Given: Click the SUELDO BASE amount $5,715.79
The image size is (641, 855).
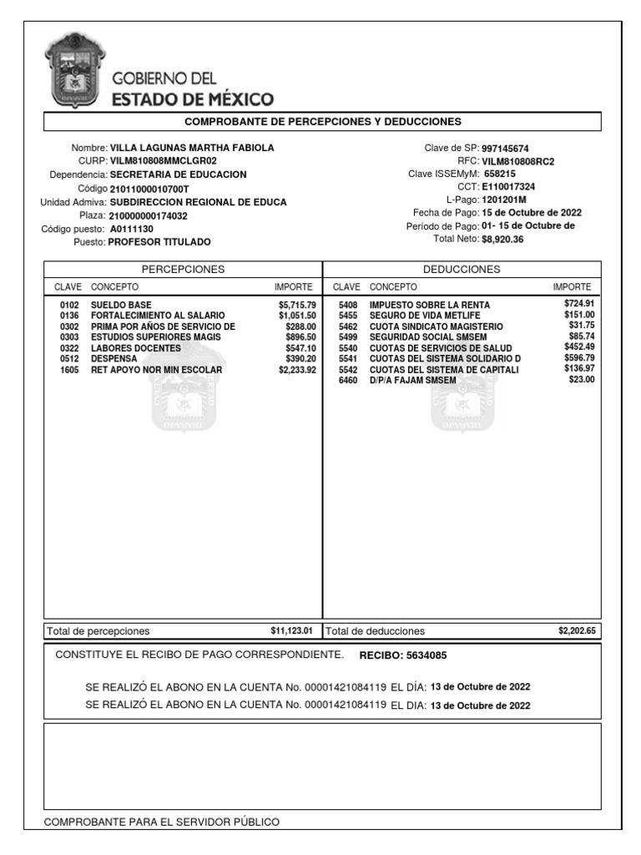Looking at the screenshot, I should coord(297,305).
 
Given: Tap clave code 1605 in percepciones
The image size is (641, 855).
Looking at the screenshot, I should coord(69,369).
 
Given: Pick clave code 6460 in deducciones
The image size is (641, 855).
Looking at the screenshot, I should coord(348,380).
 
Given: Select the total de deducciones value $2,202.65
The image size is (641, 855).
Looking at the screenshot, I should coord(577,630).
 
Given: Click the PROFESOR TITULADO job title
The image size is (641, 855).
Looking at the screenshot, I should coord(159,242).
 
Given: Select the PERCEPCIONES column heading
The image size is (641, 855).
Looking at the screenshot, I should coord(183,269).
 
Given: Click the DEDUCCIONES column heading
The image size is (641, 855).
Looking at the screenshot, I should coord(462,269).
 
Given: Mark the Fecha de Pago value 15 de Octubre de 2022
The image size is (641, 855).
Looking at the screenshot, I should coord(532,213).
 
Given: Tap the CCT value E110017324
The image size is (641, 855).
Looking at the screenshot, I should coord(508,187).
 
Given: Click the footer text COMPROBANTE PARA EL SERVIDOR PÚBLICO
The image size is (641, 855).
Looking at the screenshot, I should coord(162,822).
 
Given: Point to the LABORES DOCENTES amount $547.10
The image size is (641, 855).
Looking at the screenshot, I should coord(300,347).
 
